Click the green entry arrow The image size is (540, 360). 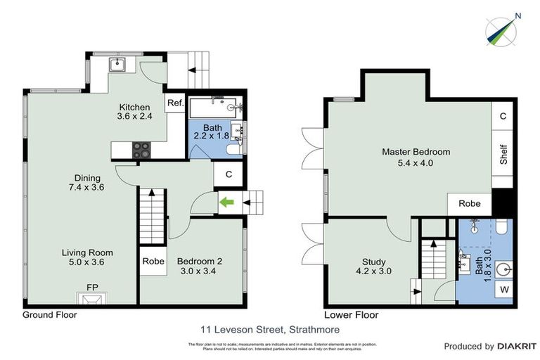coord(227,203)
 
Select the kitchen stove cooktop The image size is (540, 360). coord(141,149)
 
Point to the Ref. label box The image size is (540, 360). coord(175,104)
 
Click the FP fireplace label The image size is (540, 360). coord(92,288)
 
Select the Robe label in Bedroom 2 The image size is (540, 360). coord(153,261)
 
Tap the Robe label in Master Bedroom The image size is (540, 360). coord(470,203)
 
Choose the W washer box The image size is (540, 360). coord(504,288)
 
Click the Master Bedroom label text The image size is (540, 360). coord(416,152)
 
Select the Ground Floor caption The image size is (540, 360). coord(50,315)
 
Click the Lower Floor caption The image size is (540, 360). coord(351,315)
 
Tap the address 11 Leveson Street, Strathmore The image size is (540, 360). coord(269,328)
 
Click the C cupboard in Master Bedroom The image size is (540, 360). coord(503,116)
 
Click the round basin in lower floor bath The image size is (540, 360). coord(504,268)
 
